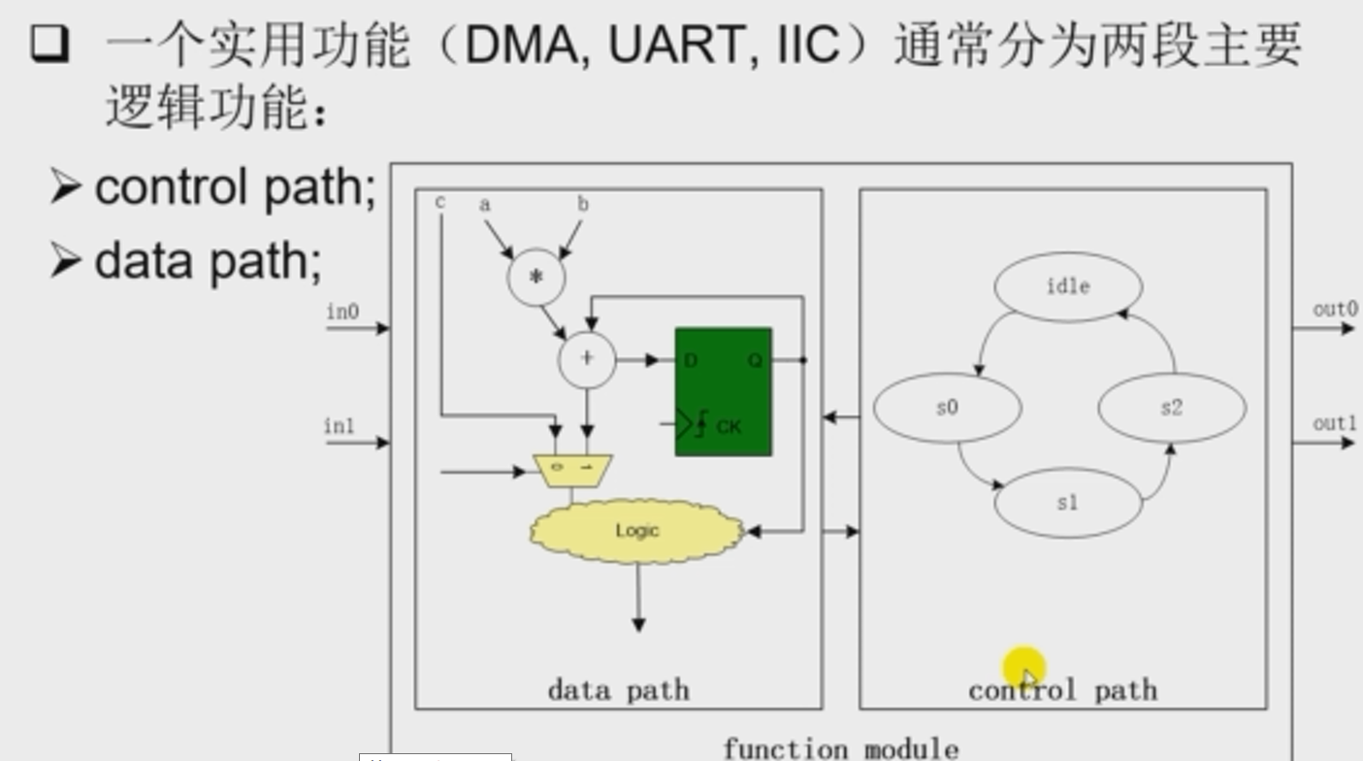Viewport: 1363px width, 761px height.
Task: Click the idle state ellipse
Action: click(1068, 286)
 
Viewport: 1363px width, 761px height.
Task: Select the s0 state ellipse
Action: click(947, 408)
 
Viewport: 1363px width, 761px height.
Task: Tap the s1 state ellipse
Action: click(1067, 503)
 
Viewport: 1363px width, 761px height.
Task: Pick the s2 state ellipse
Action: click(1171, 408)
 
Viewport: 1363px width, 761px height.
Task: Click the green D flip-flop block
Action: click(724, 391)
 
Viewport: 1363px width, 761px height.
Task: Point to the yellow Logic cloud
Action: click(636, 531)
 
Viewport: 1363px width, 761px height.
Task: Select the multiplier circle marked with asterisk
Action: click(535, 278)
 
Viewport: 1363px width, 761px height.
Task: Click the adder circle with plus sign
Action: click(587, 359)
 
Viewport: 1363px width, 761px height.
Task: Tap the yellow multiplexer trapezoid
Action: click(573, 469)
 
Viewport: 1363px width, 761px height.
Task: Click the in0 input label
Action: click(342, 312)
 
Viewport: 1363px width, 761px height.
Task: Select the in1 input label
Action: click(340, 426)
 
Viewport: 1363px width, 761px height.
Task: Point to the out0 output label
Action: click(1335, 310)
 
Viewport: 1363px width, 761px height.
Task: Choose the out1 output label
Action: click(1335, 424)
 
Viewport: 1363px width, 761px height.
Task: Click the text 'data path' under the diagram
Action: click(619, 690)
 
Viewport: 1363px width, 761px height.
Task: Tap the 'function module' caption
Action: click(840, 748)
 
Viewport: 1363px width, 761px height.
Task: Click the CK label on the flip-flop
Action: click(729, 425)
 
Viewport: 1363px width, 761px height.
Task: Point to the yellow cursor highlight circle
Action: click(1024, 669)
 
